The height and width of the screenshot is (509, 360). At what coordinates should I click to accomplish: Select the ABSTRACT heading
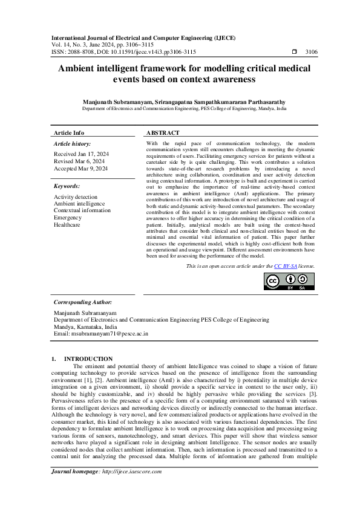(x=163, y=132)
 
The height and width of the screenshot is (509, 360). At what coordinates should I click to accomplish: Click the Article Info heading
(x=69, y=132)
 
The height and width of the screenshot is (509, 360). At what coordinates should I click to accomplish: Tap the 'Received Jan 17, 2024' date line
(x=82, y=154)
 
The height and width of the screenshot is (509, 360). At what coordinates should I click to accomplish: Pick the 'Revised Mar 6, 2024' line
(x=79, y=161)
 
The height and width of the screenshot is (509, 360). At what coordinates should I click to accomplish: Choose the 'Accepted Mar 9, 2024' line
(x=80, y=169)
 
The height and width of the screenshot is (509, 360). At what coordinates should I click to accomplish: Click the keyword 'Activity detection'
(x=75, y=197)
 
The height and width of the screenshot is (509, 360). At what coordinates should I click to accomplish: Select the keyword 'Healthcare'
(x=67, y=224)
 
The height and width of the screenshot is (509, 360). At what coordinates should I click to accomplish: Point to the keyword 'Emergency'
(x=67, y=218)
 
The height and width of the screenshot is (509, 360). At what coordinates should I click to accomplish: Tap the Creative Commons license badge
(x=290, y=281)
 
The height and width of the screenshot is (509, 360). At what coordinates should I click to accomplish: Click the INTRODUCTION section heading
(x=88, y=358)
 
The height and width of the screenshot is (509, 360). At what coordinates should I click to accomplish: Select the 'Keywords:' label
(x=67, y=187)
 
